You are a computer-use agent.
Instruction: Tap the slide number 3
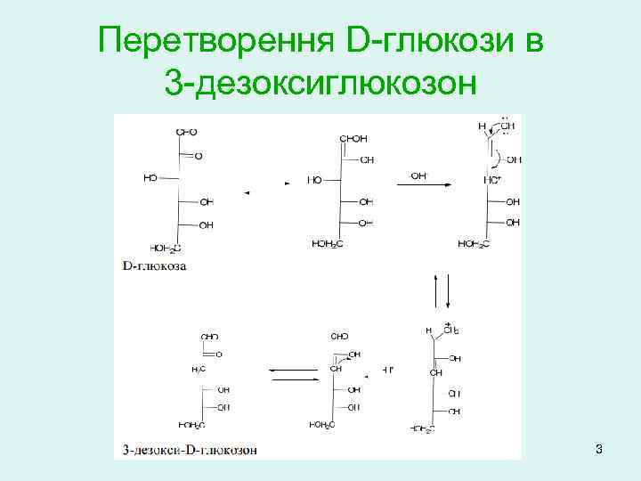[599, 449]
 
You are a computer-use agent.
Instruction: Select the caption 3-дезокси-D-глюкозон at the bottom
[190, 450]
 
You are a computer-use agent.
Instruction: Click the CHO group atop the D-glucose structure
[186, 132]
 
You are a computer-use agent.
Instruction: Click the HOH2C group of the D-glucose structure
[166, 247]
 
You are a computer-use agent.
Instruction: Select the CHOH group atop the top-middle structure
[353, 139]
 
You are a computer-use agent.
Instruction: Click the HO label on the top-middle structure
[314, 179]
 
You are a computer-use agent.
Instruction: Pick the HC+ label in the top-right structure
[492, 180]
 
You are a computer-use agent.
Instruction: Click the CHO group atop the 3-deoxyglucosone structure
[210, 338]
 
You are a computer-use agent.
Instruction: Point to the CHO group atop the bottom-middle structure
[339, 338]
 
